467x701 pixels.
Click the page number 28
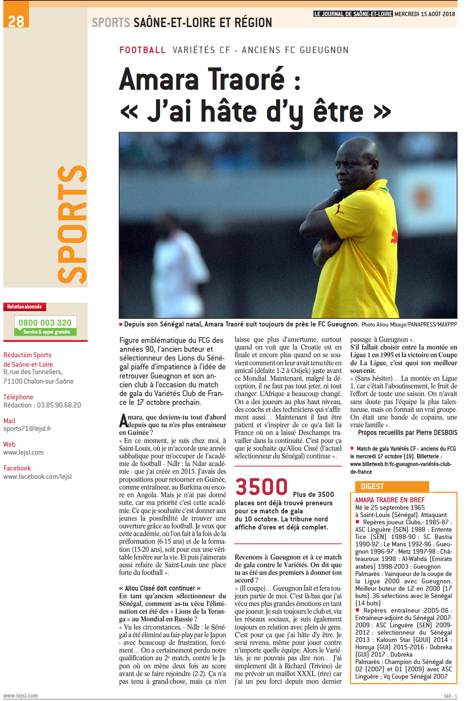click(x=16, y=21)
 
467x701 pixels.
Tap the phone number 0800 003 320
click(x=45, y=322)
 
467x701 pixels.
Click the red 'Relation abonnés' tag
click(x=25, y=307)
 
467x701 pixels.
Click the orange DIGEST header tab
click(x=372, y=487)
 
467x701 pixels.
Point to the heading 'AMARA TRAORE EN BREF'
click(x=390, y=500)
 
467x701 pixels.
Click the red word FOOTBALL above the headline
click(x=143, y=50)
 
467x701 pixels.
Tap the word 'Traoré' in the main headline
click(x=246, y=79)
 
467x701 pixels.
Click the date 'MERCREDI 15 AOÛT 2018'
click(x=424, y=14)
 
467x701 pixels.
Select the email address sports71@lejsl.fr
click(x=27, y=429)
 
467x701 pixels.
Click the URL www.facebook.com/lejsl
click(x=37, y=476)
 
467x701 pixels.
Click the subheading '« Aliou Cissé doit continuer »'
click(x=160, y=588)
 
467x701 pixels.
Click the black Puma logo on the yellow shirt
click(x=339, y=210)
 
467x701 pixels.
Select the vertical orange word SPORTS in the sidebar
click(x=73, y=224)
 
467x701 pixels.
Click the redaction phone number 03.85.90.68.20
click(x=59, y=405)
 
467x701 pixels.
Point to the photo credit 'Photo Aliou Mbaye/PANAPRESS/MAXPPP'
click(x=409, y=324)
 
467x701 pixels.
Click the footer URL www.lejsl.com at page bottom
click(x=21, y=696)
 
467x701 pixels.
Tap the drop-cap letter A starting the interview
click(x=123, y=421)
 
